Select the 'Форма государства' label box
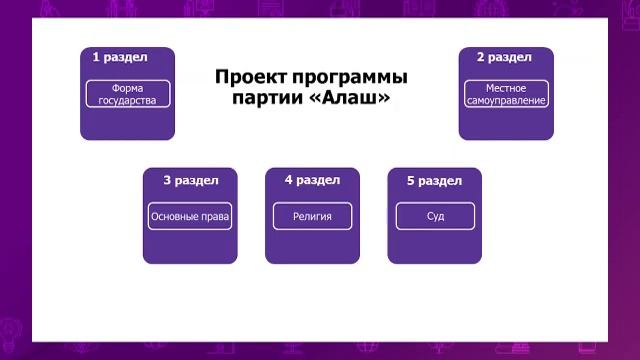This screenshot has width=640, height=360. click(x=128, y=94)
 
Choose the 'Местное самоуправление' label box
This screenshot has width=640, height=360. click(x=506, y=94)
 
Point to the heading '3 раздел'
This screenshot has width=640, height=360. click(x=190, y=181)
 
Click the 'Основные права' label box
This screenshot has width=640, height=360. click(x=190, y=216)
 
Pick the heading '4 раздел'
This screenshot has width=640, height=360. click(x=312, y=181)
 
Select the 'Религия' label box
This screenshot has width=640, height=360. click(x=312, y=216)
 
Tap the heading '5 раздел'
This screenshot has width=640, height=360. click(x=434, y=181)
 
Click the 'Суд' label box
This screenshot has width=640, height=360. click(x=434, y=216)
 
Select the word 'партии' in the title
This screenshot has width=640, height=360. click(x=266, y=100)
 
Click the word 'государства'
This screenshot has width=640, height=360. click(x=128, y=101)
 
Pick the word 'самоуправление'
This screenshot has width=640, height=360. click(x=506, y=101)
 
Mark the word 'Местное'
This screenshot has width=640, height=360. click(x=506, y=88)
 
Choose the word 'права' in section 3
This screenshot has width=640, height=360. click(x=215, y=216)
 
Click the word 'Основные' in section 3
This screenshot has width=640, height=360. click(x=174, y=216)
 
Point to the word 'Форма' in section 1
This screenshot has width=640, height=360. click(x=128, y=88)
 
